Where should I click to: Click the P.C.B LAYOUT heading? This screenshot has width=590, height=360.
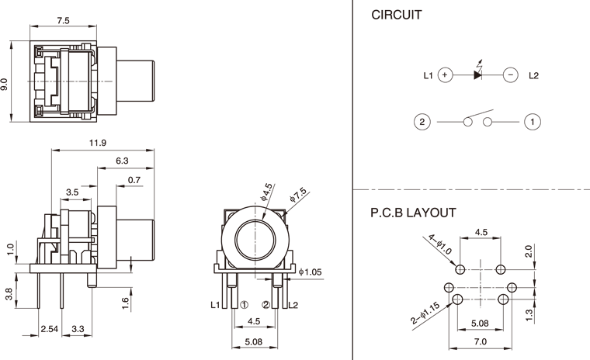point(413,212)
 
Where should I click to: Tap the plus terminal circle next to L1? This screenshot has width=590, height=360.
point(444,75)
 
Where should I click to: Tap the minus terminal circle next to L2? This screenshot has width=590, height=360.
point(510,75)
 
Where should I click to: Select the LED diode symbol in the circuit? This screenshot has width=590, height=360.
point(477,74)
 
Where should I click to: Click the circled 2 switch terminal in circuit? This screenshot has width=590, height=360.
point(422,122)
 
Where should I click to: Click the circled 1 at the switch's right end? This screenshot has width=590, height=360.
point(533,122)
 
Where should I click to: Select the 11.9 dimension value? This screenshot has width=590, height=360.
point(98,144)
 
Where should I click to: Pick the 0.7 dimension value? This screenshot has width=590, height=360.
point(134,180)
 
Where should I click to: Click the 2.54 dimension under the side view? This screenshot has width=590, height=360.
point(50,330)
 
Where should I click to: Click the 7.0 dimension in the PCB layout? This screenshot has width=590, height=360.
point(480,341)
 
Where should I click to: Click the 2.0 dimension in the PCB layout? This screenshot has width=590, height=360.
point(529,251)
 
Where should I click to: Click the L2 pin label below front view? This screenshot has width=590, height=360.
point(293,305)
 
